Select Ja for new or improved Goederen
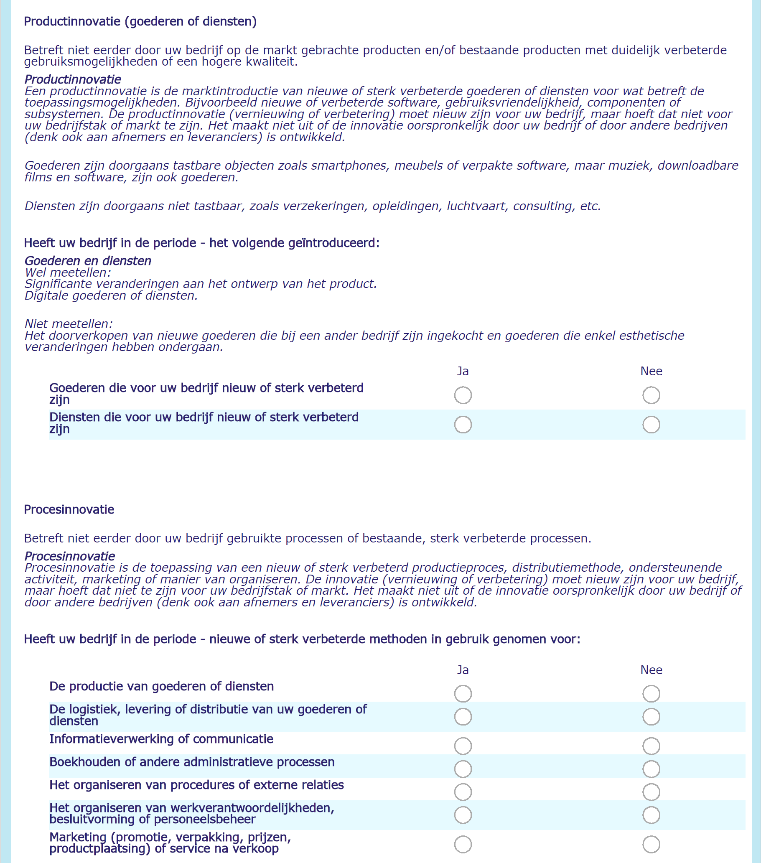point(463,395)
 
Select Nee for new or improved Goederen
point(651,395)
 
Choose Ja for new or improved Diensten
point(463,424)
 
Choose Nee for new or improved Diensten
point(651,424)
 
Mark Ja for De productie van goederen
point(463,693)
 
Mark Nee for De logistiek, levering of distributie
point(651,716)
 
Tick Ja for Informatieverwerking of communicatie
point(463,746)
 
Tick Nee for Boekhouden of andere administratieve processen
point(651,769)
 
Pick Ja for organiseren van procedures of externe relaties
point(463,792)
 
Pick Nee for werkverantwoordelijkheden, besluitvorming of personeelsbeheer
point(651,815)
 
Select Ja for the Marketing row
point(463,845)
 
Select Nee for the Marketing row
point(651,845)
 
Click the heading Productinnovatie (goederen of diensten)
point(140,22)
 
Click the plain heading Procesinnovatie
point(69,509)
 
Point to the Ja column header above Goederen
point(463,371)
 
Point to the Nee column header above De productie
point(651,670)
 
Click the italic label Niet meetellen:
point(69,324)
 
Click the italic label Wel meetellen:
point(68,272)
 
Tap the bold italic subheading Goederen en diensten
point(88,261)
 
